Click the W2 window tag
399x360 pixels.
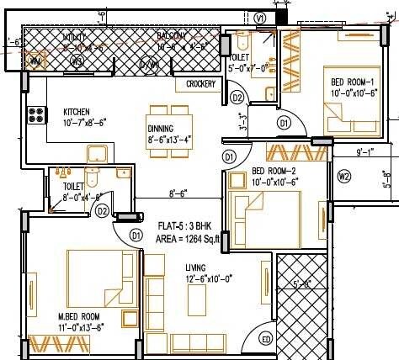coord(343,177)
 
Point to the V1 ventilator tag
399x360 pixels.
coord(260,17)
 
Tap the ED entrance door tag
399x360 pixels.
coord(265,339)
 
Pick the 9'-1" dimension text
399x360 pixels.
coord(366,153)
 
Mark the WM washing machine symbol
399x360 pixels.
coord(35,61)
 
